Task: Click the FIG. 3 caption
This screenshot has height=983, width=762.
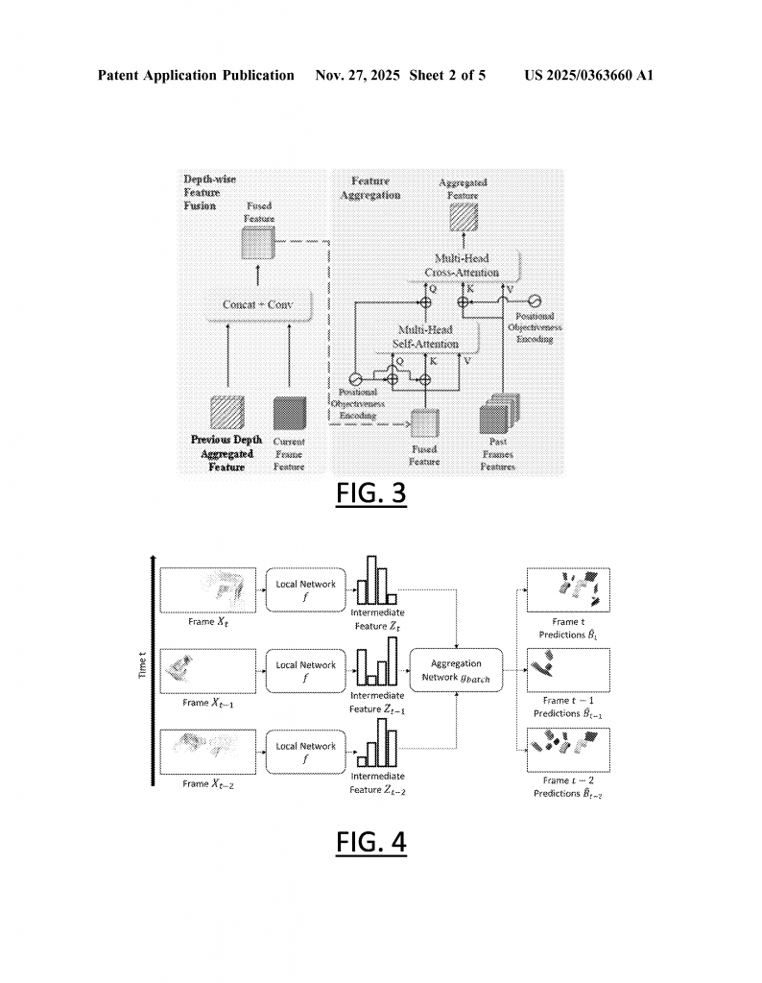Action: pos(370,493)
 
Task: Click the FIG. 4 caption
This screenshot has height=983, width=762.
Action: pos(370,841)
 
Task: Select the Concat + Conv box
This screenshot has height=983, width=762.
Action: pos(257,304)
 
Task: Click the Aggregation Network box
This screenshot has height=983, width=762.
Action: pos(456,669)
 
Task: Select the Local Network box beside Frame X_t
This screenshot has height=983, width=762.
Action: pos(306,587)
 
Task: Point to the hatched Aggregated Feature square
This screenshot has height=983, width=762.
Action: pos(463,219)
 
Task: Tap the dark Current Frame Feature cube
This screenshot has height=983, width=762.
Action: pos(288,414)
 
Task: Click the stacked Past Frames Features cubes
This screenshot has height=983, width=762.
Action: pos(495,419)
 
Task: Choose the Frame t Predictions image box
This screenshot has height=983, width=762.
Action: pos(569,587)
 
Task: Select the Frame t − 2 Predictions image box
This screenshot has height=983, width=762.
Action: pos(569,750)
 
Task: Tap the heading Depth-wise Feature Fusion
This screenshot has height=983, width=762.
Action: pos(209,192)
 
